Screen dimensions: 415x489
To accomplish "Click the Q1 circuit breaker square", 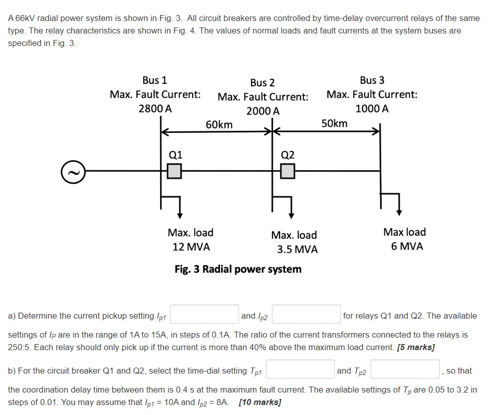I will pyautogui.click(x=174, y=171).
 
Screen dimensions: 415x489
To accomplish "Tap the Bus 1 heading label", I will pyautogui.click(x=155, y=80).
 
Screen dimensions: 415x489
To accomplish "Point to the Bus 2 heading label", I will pyautogui.click(x=262, y=82).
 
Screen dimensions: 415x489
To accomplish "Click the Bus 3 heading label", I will pyautogui.click(x=372, y=80).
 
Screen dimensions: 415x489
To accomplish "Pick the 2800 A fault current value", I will pyautogui.click(x=155, y=108).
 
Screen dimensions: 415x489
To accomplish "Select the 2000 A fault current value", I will pyautogui.click(x=263, y=111).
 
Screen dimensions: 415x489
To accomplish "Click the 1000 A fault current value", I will pyautogui.click(x=372, y=108).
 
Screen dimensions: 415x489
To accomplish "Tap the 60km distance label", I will pyautogui.click(x=219, y=124).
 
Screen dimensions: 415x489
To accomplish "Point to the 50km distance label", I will pyautogui.click(x=334, y=123).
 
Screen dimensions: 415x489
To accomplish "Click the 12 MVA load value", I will pyautogui.click(x=191, y=247).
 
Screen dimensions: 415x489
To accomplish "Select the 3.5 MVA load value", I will pyautogui.click(x=297, y=249).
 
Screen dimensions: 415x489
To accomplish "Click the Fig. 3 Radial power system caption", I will pyautogui.click(x=238, y=269).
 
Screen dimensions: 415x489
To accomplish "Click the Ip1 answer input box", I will pyautogui.click(x=205, y=315).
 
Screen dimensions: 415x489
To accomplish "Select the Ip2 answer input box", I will pyautogui.click(x=306, y=315).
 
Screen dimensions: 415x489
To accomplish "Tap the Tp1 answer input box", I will pyautogui.click(x=300, y=370).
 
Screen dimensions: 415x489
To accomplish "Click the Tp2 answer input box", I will pyautogui.click(x=405, y=370).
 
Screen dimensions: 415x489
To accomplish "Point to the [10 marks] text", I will pyautogui.click(x=260, y=402).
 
